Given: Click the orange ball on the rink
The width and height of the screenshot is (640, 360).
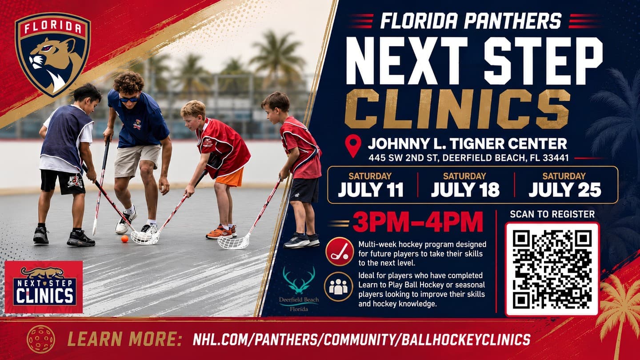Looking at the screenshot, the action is [124, 239].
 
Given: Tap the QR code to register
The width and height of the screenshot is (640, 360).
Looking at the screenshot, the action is [552, 269].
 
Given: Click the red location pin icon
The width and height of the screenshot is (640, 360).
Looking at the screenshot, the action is [353, 146].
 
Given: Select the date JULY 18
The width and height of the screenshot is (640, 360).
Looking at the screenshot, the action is [465, 189].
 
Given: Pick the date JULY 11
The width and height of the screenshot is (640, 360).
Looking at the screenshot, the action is [370, 189].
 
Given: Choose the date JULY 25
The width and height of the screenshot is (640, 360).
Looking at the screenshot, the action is [564, 189].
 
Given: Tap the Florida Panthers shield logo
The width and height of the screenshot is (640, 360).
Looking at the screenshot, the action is [53, 54].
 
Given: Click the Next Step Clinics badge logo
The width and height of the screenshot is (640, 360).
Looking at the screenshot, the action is [44, 287].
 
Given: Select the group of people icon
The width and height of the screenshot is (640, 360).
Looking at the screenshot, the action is [338, 287].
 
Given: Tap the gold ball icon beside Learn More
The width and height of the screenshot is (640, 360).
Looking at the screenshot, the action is [41, 339].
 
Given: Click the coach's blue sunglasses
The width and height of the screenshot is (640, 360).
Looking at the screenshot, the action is [129, 100].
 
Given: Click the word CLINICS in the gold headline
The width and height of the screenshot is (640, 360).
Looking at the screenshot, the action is [457, 109].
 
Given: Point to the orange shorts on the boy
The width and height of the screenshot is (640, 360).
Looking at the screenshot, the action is [230, 178].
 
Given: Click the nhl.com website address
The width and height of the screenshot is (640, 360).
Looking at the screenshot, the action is [361, 340].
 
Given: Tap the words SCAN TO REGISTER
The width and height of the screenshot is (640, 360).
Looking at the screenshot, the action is [552, 214].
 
